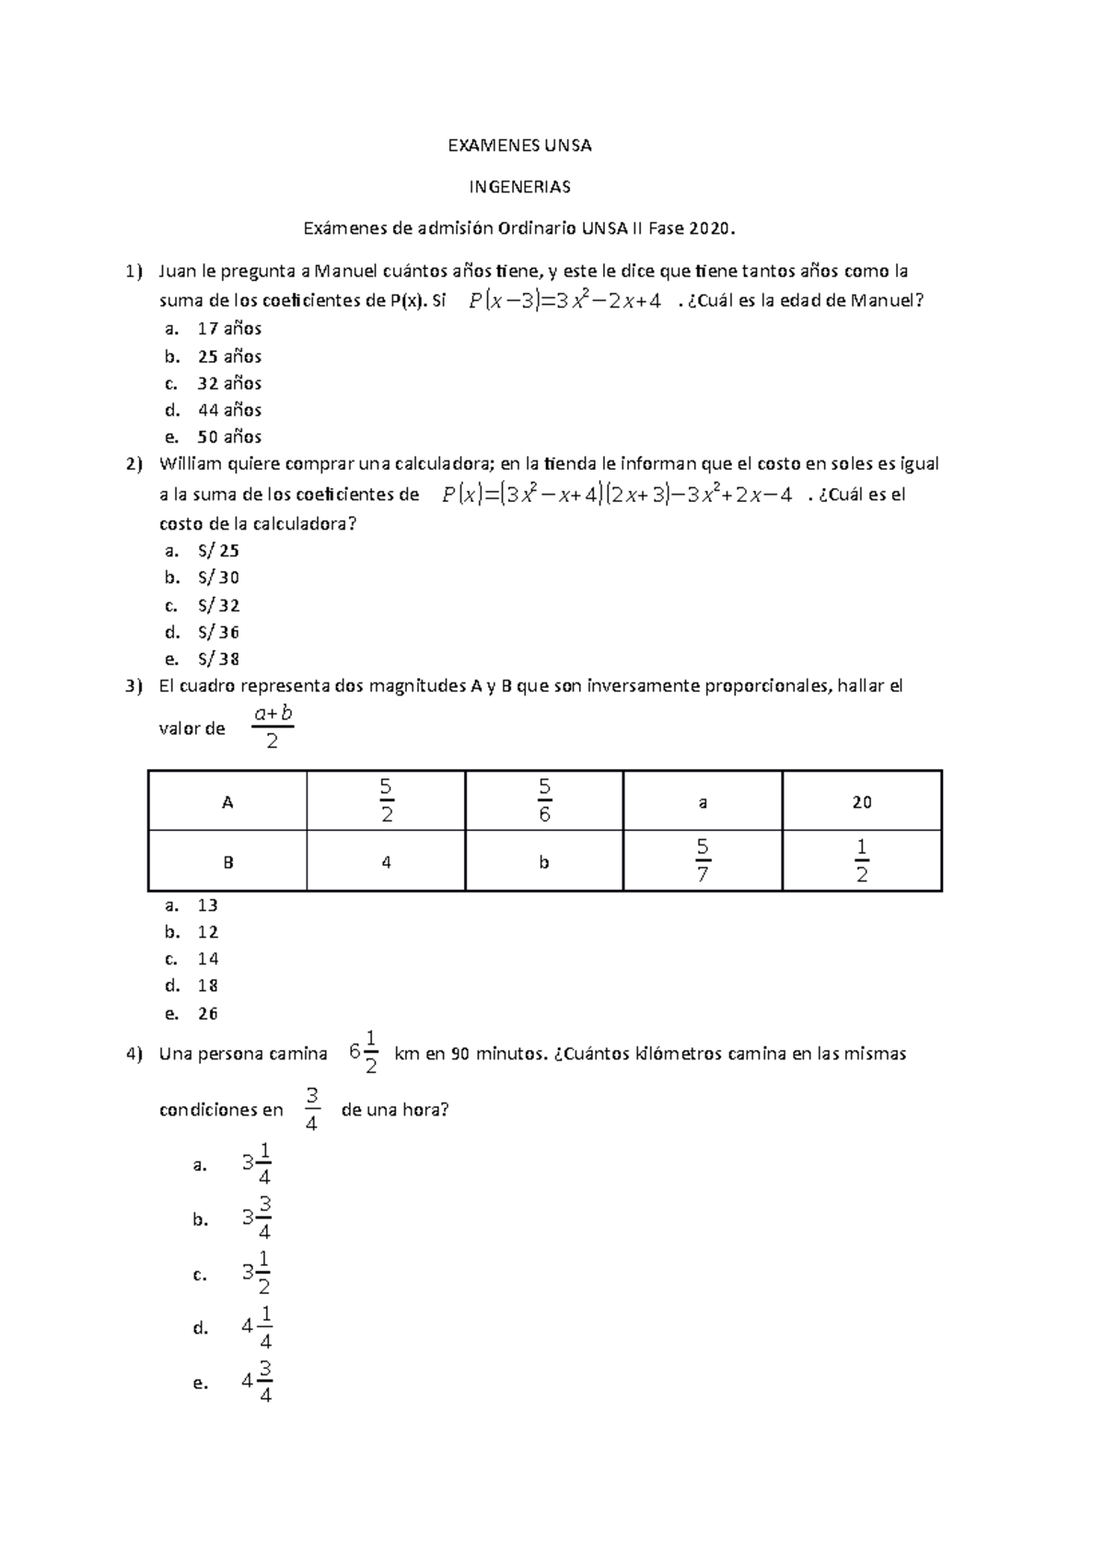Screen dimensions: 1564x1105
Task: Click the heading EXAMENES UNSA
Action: tap(519, 146)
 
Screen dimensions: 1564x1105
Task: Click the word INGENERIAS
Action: tap(519, 187)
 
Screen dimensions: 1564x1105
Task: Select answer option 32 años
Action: tap(229, 383)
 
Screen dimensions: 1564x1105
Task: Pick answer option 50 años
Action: tap(229, 437)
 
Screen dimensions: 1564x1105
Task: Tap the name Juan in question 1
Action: tap(179, 271)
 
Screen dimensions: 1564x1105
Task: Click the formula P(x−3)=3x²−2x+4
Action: tap(564, 301)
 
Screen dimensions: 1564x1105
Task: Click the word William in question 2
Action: tap(191, 463)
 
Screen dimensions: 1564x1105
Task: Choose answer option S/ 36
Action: tap(217, 632)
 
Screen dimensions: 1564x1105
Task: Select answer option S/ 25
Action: tap(217, 551)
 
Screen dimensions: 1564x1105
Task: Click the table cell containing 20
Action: tap(861, 802)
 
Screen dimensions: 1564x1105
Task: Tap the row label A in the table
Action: tap(227, 802)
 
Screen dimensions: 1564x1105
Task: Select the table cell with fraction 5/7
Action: tap(703, 861)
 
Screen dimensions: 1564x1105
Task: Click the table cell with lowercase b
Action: tap(544, 862)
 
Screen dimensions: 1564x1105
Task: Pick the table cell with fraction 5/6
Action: tap(544, 801)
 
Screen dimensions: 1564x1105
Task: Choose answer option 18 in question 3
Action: tap(207, 986)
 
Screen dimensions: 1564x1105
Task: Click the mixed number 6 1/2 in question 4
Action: tap(364, 1053)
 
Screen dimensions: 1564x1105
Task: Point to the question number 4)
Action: tap(134, 1054)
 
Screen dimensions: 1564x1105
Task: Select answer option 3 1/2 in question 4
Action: tap(256, 1274)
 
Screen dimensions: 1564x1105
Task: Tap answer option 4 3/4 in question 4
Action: tap(256, 1382)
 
